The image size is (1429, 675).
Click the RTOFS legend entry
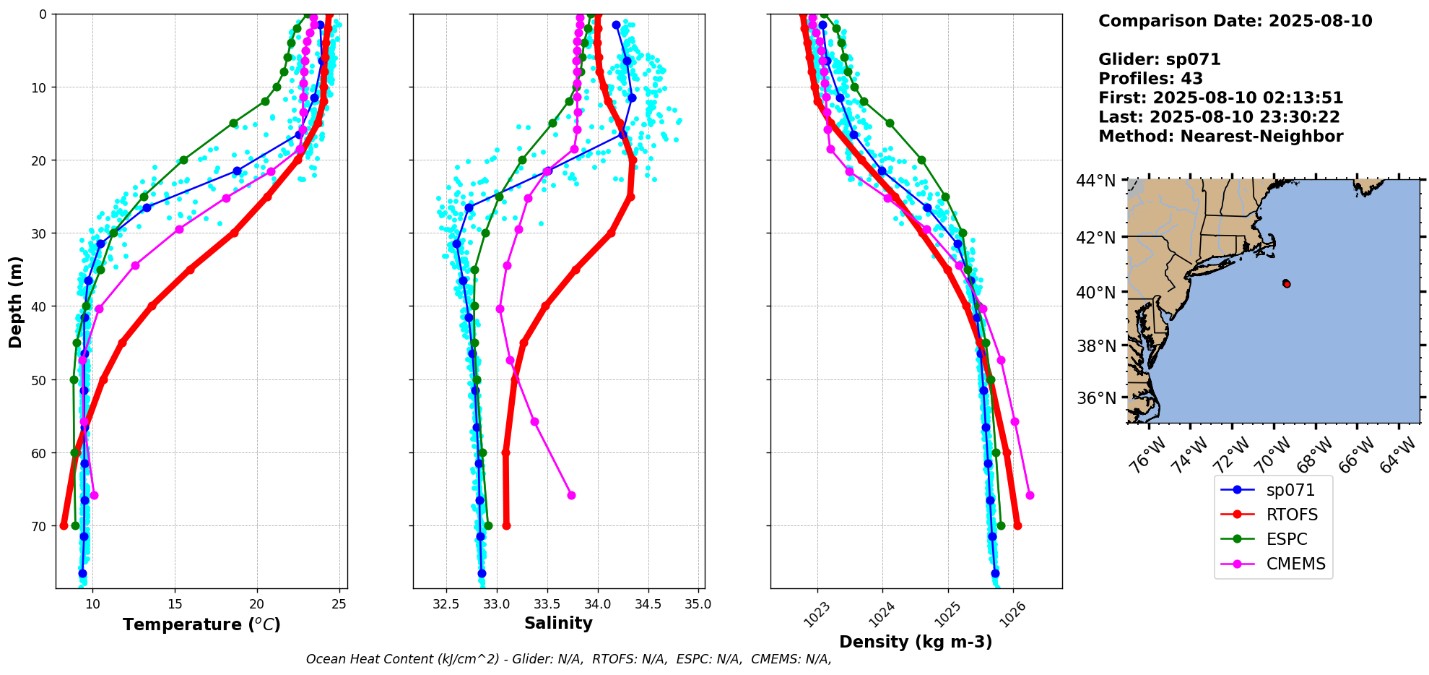(x=1291, y=515)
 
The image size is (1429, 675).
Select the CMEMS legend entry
(x=1295, y=564)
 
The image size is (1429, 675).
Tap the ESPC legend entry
(x=1286, y=539)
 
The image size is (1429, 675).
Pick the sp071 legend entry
(x=1290, y=490)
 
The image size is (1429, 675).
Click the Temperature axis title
(x=201, y=624)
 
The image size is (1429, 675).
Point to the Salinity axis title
(x=558, y=623)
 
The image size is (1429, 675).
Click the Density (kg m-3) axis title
(x=916, y=642)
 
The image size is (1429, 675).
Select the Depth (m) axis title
(x=16, y=301)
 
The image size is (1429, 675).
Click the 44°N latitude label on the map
(x=1095, y=181)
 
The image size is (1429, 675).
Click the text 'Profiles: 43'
(x=1150, y=79)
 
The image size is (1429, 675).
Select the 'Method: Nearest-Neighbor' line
(x=1220, y=137)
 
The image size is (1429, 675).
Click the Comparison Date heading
(x=1235, y=21)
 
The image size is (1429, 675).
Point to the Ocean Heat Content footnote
(x=568, y=659)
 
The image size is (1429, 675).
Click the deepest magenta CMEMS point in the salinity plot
(x=571, y=495)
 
